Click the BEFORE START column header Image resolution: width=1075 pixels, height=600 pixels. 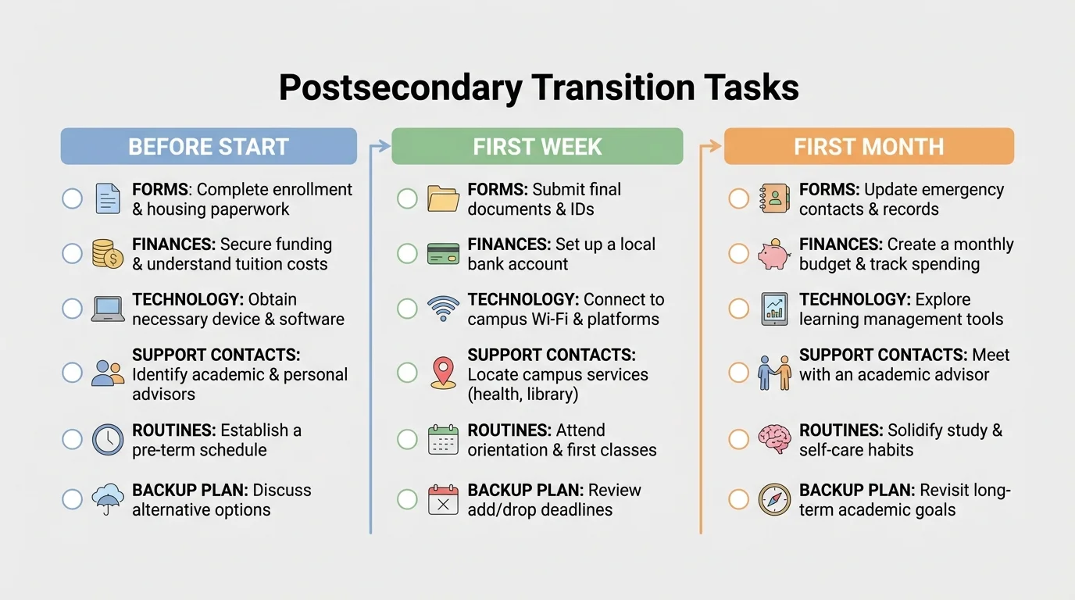pos(209,146)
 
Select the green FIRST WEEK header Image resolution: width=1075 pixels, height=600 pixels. pos(537,146)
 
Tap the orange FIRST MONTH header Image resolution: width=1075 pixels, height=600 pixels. pos(869,146)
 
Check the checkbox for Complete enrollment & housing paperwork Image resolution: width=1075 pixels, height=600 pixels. pos(72,198)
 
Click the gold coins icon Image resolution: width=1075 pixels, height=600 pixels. pos(108,254)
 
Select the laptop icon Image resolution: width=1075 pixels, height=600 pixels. pos(108,309)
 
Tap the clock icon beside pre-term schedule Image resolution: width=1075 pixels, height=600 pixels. pos(108,440)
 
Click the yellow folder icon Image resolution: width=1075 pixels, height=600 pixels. pos(444,198)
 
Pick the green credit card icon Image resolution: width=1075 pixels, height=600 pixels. pos(444,254)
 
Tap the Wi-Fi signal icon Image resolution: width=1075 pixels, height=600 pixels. pos(444,309)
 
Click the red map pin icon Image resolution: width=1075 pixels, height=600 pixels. pos(443,372)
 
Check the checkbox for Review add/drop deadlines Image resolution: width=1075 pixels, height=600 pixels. pos(407,499)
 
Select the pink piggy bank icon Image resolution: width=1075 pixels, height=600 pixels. pos(774,254)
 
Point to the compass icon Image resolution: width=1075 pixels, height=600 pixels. pos(774,499)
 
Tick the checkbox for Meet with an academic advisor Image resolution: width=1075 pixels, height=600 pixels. pos(738,373)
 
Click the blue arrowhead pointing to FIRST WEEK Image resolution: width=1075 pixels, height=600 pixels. pos(384,145)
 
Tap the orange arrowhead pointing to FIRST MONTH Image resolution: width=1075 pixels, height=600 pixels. pos(716,145)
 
